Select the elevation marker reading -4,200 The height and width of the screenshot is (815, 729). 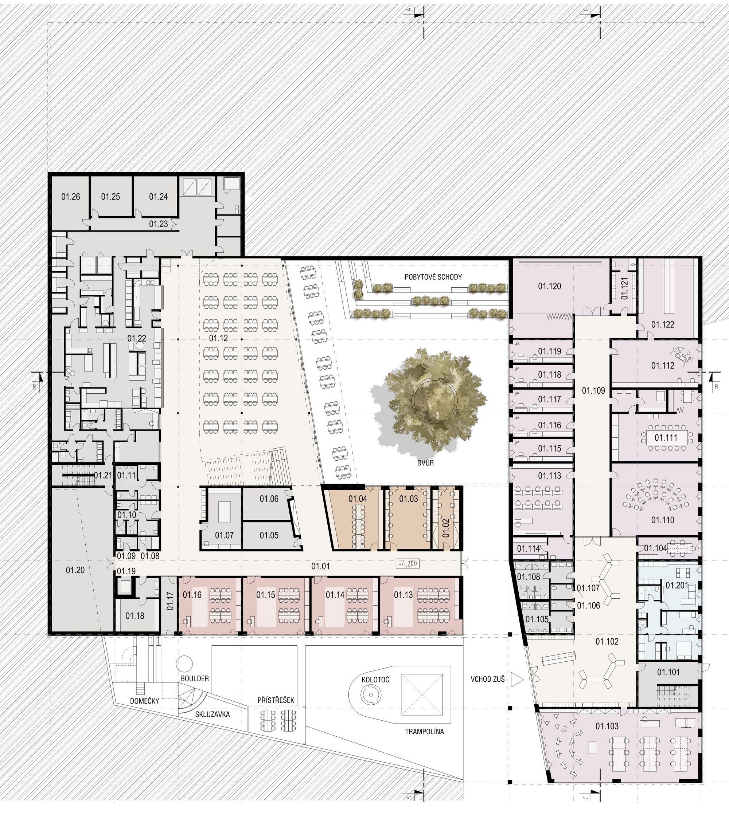(408, 564)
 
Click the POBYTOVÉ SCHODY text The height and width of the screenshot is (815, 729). (433, 277)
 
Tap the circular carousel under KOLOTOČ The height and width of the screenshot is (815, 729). (370, 695)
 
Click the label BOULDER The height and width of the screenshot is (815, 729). (195, 678)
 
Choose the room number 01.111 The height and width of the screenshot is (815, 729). (666, 437)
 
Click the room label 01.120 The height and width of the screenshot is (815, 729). (550, 286)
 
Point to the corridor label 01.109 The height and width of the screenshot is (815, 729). (594, 390)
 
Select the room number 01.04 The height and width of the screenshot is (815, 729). (358, 499)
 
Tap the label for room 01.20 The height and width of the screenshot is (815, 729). (75, 570)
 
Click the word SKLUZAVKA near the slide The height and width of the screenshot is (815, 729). (213, 714)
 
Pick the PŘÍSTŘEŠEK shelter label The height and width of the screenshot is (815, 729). (276, 700)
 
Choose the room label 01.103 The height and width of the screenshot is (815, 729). (607, 726)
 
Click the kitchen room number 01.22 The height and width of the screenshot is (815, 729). (137, 338)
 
